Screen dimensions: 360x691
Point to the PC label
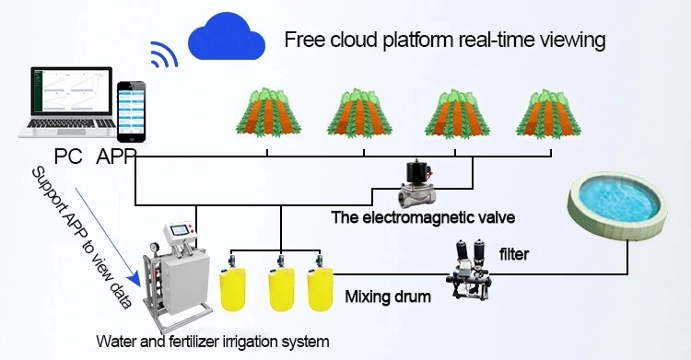point(67,156)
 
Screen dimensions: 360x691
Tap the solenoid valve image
point(420,184)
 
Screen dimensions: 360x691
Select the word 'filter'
point(513,254)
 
